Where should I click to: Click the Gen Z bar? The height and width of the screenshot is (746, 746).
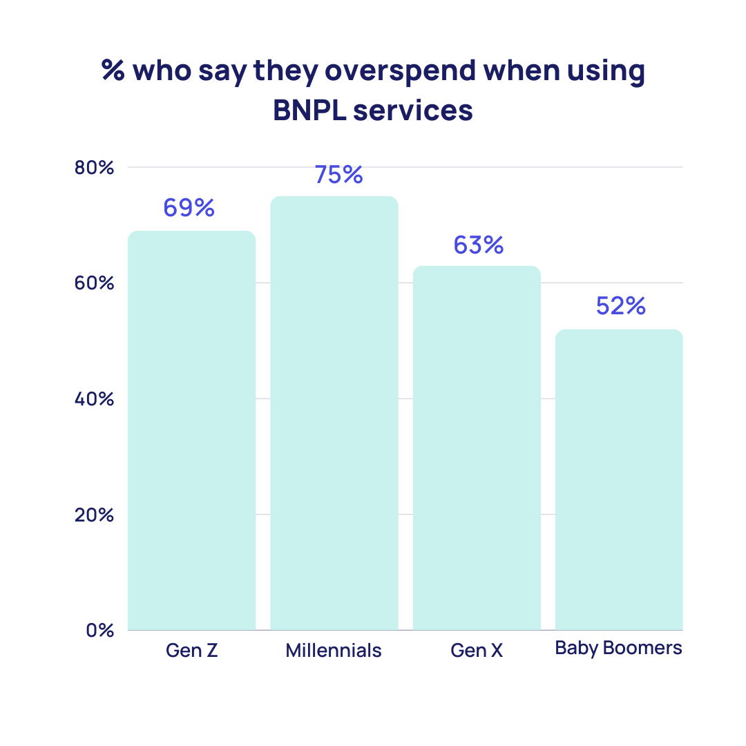(192, 430)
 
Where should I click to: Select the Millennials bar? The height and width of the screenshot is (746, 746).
(334, 413)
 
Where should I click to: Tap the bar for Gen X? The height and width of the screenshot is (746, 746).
(477, 448)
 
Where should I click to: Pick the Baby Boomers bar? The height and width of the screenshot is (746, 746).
(619, 479)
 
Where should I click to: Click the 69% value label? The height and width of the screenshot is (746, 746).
(189, 207)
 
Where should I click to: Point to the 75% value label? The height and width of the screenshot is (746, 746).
(338, 175)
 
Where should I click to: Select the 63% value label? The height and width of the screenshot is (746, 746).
(479, 245)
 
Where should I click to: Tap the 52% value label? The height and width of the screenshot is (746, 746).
(620, 306)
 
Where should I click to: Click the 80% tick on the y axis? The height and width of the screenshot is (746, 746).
(93, 168)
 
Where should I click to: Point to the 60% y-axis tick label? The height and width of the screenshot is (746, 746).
(93, 283)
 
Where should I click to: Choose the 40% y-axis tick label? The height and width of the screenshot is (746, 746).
(93, 399)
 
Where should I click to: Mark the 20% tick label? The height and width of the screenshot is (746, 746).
(93, 515)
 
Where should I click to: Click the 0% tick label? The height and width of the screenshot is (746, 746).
(99, 630)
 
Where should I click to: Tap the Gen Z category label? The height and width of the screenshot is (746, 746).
(192, 651)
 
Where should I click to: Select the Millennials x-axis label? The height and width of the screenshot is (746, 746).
(334, 651)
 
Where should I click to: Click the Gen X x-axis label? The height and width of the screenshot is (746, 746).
(477, 651)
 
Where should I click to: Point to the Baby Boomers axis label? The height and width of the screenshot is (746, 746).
(619, 648)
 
